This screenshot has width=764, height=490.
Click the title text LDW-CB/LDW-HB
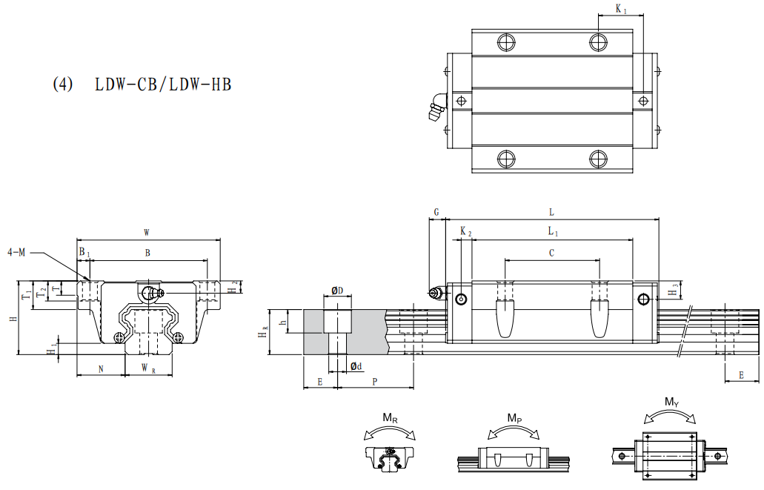(x=163, y=85)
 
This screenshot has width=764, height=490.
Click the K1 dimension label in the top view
(x=621, y=9)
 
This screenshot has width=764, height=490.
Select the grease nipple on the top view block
(x=436, y=106)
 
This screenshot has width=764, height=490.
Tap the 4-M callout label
(x=16, y=252)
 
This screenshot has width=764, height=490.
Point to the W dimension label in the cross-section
(x=147, y=232)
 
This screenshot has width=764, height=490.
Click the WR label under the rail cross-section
(x=148, y=368)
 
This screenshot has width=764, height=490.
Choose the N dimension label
(x=101, y=369)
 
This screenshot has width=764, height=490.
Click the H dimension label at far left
(x=15, y=318)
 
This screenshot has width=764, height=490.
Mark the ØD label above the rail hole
(x=337, y=291)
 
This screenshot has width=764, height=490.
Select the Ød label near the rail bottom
(x=356, y=366)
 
